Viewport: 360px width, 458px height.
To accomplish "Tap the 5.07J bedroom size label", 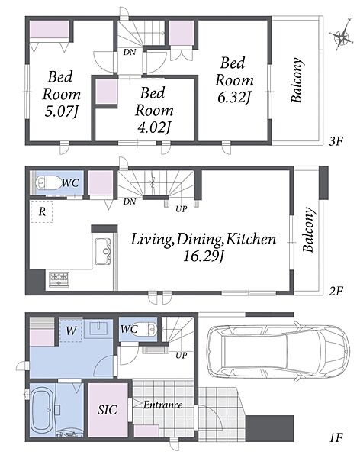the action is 62,111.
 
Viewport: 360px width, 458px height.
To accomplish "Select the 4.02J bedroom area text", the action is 154,127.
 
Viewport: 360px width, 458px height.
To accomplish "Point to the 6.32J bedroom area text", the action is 234,97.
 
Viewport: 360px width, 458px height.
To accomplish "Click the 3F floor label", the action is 336,142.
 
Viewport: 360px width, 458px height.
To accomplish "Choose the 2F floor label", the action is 335,292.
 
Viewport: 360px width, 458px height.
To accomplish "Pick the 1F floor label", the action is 336,438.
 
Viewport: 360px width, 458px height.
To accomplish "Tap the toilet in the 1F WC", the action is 145,331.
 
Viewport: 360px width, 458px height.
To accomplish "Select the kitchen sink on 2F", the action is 102,251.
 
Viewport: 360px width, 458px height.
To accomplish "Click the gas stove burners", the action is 59,279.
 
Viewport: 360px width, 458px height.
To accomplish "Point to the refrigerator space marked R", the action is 42,211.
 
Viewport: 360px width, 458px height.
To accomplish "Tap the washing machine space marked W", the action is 71,331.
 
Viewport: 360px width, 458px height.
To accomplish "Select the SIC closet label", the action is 108,410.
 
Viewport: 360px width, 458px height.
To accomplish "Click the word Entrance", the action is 163,405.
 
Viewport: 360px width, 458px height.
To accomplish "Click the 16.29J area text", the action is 204,256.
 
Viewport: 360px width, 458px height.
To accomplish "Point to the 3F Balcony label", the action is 297,80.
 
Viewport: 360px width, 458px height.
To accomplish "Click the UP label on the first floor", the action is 182,356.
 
